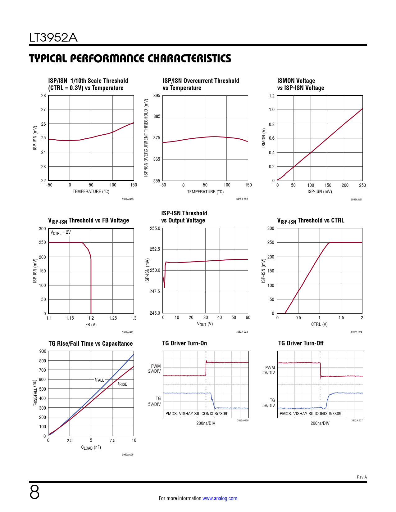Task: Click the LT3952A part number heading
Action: point(53,38)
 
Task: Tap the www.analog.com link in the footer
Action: point(220,498)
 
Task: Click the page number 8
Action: point(34,492)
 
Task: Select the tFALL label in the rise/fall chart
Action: point(100,380)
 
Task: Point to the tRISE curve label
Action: point(122,384)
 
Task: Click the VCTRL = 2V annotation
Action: point(61,232)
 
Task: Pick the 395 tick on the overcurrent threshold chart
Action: point(157,96)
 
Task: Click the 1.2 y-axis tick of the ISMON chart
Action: point(271,96)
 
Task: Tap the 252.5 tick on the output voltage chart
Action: point(155,249)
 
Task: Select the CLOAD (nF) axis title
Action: point(91,447)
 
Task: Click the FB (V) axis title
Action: point(91,325)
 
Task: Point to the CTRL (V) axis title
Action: point(319,324)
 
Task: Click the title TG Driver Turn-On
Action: point(184,343)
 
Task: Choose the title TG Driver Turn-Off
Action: point(301,343)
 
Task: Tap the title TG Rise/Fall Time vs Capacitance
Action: point(91,344)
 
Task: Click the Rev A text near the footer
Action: point(362,477)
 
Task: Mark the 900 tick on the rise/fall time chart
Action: point(43,351)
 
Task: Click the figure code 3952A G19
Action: point(128,199)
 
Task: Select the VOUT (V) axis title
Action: point(205,324)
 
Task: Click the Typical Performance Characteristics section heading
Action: point(130,58)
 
